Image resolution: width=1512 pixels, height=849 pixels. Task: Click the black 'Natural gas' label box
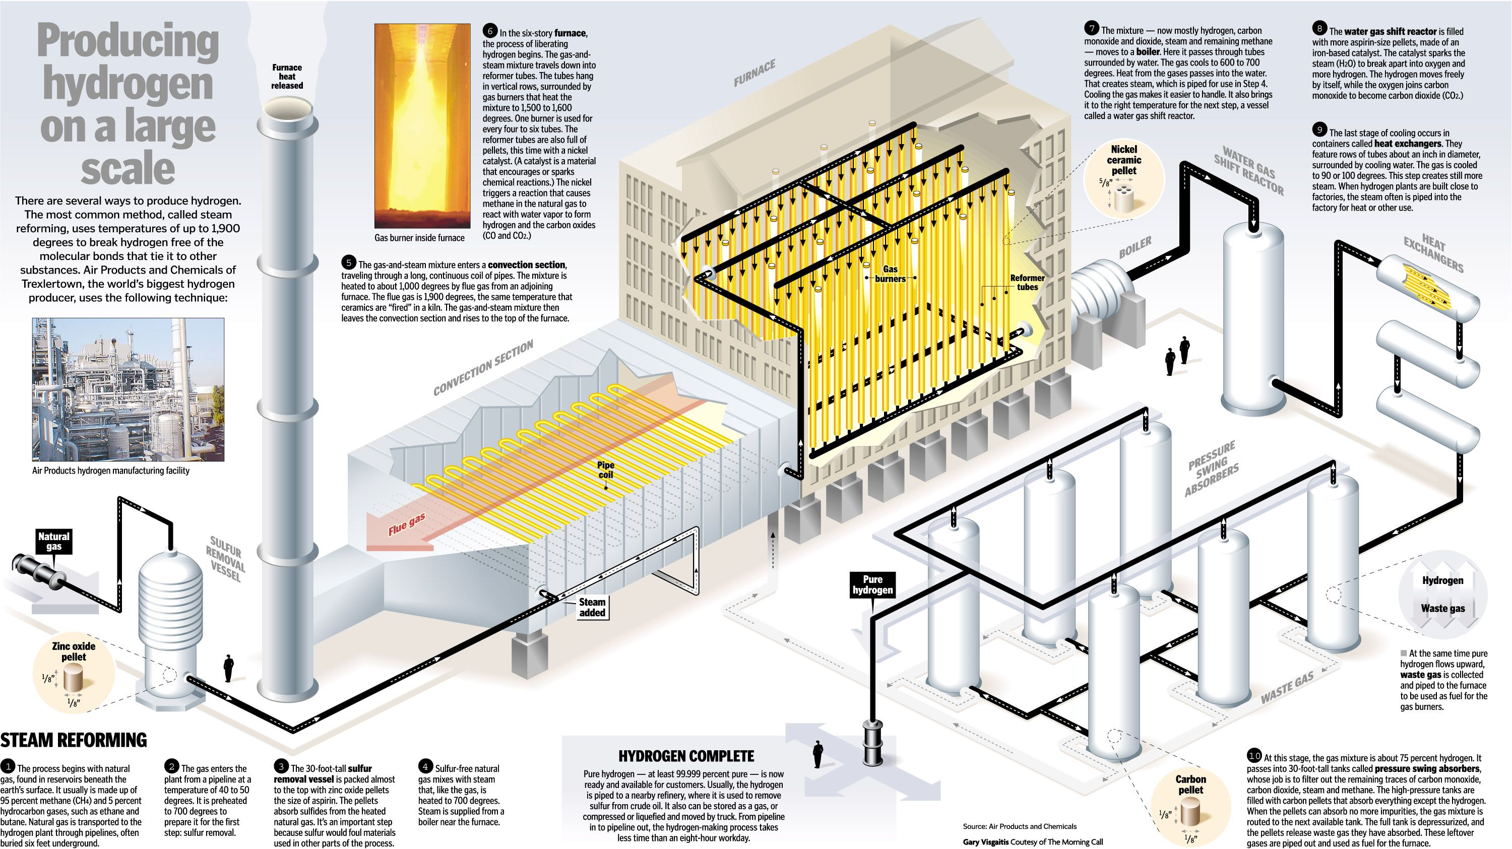tap(53, 541)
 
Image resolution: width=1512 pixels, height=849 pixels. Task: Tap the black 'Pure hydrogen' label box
tap(873, 585)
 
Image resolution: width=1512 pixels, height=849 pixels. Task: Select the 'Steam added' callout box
tap(592, 607)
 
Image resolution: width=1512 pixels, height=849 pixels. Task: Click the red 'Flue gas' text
tap(406, 524)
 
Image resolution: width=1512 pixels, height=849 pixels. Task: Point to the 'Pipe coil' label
tap(605, 470)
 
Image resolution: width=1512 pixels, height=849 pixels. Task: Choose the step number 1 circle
tap(8, 767)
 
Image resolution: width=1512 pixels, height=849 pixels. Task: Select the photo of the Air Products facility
tap(128, 389)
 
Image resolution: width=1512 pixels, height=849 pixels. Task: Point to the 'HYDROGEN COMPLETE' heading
tap(685, 756)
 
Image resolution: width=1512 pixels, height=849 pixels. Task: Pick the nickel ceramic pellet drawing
tap(1123, 200)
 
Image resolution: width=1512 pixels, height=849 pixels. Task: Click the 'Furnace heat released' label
tap(287, 76)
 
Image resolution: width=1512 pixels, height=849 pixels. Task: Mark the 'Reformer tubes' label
tap(1027, 282)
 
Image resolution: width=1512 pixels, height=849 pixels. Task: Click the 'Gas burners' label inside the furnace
tap(890, 274)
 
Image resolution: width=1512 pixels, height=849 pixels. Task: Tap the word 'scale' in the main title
tap(128, 168)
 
